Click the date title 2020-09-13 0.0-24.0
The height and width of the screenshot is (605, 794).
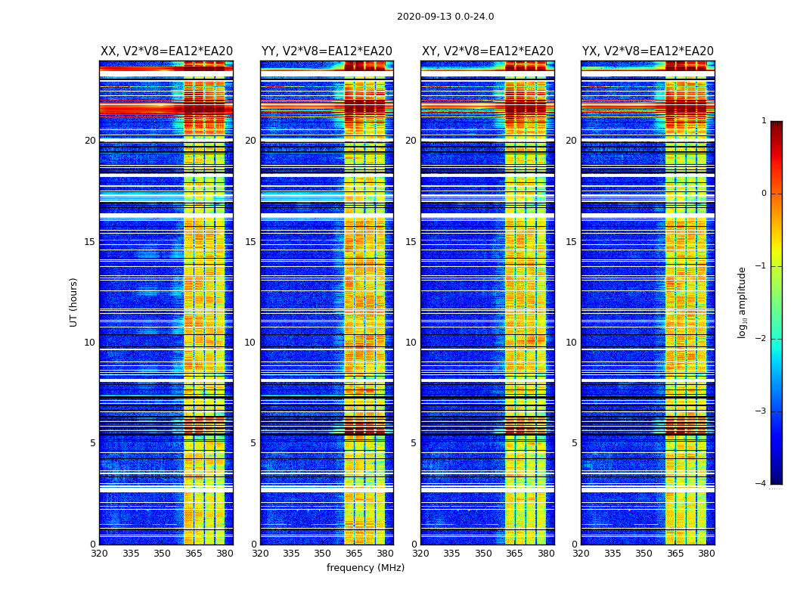445,17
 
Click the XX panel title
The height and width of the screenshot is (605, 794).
166,51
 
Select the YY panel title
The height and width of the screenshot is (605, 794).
327,51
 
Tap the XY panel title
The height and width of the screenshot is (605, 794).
488,51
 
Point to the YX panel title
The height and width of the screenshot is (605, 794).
648,51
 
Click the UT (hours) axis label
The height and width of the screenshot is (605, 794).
74,302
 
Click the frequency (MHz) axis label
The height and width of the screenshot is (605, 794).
365,568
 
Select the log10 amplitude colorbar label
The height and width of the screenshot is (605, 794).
743,302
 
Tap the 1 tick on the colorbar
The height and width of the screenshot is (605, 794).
763,121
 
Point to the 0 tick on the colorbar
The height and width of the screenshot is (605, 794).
763,194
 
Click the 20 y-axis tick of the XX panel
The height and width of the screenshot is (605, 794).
90,141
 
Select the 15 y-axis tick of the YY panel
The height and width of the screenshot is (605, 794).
250,242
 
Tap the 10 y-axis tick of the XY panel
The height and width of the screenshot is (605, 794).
411,343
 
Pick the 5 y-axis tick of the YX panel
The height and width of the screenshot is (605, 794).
574,443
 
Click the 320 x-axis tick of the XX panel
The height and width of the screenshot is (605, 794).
99,554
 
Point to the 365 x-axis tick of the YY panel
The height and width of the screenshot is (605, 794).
355,554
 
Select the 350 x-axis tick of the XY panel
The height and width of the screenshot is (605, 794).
483,554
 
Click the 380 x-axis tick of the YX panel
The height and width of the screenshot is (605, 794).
706,554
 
